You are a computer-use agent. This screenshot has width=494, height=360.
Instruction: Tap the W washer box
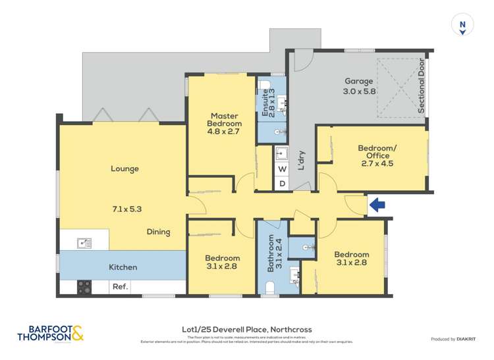(x=281, y=169)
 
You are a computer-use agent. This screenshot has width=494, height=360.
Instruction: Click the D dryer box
(x=281, y=184)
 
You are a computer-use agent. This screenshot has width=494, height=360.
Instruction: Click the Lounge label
(x=124, y=168)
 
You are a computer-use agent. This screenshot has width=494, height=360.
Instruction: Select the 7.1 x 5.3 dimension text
(x=126, y=209)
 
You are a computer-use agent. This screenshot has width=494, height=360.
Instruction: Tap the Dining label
(x=159, y=232)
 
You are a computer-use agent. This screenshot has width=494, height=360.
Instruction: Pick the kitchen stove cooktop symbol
(x=84, y=287)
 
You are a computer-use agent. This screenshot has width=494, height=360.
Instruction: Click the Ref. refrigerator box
(x=120, y=287)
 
